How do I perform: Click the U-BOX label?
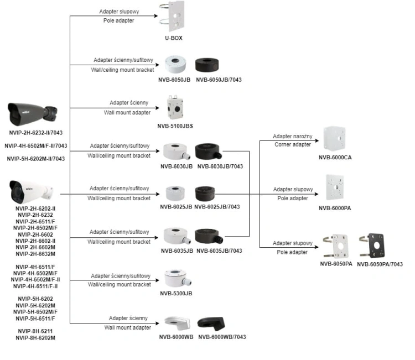(x=174, y=38)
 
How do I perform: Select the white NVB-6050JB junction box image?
(x=175, y=64)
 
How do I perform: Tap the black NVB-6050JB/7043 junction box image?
(x=207, y=65)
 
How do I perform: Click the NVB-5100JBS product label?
(x=175, y=126)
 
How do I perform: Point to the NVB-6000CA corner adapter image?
(x=334, y=139)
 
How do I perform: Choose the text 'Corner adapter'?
(x=293, y=144)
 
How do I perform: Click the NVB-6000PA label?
(x=335, y=208)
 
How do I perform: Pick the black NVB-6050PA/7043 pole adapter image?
(x=372, y=246)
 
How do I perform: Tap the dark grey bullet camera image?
(x=32, y=114)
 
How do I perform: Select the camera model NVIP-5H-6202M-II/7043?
(x=36, y=159)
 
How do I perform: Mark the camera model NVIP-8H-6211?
(x=35, y=331)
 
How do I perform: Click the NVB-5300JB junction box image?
(x=177, y=279)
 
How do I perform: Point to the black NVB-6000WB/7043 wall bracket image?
(x=211, y=324)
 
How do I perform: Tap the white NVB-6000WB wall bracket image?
(x=177, y=323)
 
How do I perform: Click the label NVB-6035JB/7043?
(x=219, y=251)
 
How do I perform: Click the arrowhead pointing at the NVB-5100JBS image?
(x=157, y=108)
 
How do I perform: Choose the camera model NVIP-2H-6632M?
(x=35, y=254)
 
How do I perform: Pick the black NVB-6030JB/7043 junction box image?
(x=208, y=152)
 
